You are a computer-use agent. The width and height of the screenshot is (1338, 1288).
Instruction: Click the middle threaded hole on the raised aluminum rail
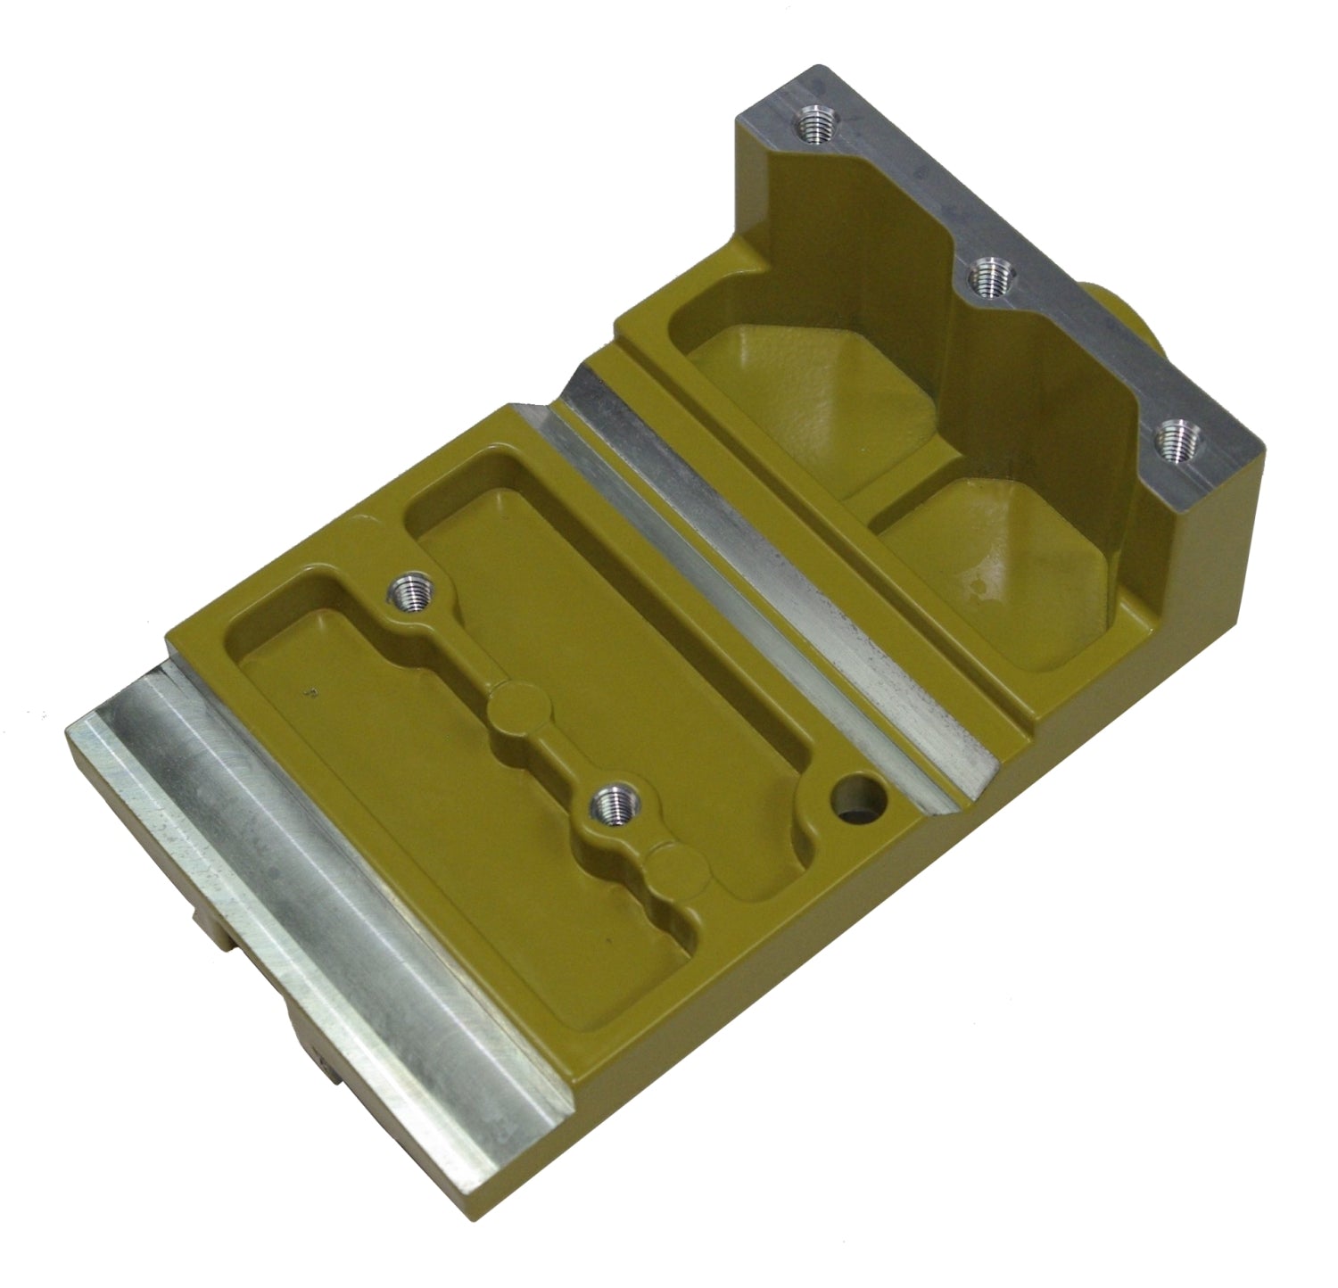987,278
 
